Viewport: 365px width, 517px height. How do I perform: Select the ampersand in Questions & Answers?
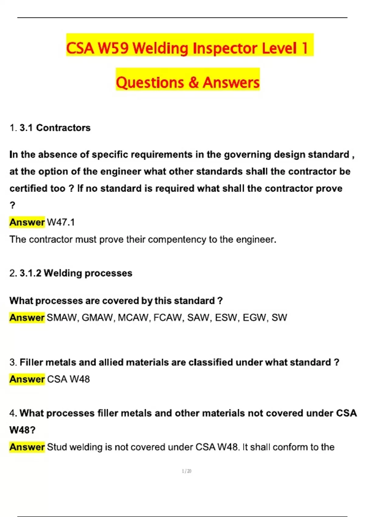193,82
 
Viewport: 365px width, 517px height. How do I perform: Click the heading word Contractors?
63,128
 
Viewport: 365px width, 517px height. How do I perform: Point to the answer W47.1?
61,222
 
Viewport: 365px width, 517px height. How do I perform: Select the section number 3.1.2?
30,273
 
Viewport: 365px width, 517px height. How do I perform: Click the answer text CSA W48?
68,379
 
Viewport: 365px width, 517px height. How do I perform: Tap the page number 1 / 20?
186,471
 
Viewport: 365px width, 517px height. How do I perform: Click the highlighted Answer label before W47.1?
27,222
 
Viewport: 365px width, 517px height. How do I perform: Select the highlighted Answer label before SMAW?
27,317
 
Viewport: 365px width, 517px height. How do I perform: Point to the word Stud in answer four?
57,447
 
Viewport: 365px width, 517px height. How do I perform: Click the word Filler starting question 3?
31,362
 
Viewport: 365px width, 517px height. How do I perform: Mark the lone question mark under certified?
12,206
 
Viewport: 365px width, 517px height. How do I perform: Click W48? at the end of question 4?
22,430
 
